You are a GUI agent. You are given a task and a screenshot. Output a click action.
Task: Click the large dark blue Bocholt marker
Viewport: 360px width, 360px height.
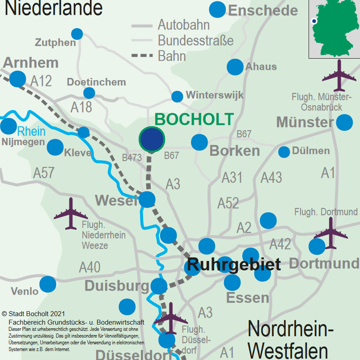[152, 139]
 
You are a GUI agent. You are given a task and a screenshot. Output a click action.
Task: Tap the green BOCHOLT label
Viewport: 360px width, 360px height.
[194, 120]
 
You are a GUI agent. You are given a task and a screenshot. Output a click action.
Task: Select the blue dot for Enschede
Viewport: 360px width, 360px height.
[217, 10]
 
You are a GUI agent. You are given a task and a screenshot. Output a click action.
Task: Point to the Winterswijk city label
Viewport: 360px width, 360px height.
[215, 95]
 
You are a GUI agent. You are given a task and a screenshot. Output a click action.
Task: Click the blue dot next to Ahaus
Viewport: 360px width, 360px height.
[235, 67]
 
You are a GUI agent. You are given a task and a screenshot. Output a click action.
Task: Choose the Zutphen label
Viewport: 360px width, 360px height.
[55, 43]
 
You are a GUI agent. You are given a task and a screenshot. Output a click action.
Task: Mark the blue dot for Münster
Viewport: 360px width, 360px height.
[344, 122]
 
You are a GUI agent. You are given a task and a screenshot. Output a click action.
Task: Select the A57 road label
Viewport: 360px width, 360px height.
[44, 173]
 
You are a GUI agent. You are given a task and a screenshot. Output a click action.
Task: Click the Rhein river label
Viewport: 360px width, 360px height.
[31, 131]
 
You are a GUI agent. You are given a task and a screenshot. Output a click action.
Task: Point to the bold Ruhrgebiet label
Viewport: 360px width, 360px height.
[234, 264]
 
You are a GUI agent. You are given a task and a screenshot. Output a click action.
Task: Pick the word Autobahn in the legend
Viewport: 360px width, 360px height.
[184, 25]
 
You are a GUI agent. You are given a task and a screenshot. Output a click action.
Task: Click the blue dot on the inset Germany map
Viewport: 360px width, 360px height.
[314, 21]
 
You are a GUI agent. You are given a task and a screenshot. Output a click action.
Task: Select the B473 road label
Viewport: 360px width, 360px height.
[132, 158]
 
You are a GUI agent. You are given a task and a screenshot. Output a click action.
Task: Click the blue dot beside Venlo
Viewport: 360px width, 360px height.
[48, 284]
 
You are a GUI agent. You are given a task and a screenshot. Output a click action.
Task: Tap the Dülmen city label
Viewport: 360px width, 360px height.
[311, 151]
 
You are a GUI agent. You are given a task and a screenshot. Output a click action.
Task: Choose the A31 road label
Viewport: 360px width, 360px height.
[232, 178]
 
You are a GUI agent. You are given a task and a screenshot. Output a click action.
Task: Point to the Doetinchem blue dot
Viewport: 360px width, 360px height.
[89, 93]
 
